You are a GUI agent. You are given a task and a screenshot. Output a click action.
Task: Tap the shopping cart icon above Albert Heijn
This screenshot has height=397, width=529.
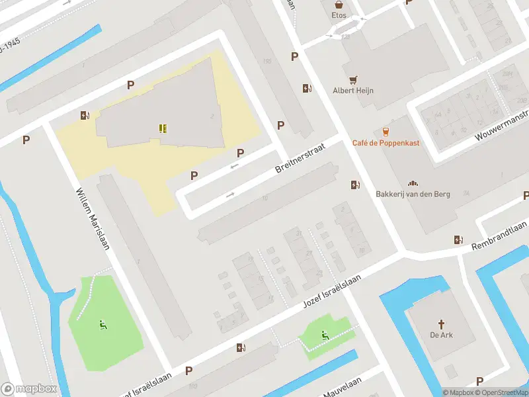click(x=353, y=78)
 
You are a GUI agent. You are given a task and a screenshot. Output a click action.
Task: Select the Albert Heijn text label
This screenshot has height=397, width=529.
click(x=353, y=90)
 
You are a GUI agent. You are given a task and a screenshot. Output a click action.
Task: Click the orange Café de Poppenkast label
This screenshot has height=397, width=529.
click(x=386, y=143)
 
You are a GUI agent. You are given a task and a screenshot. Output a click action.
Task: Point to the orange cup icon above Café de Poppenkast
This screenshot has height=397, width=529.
click(x=386, y=132)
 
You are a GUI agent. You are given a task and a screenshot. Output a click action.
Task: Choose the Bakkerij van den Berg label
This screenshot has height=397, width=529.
click(x=413, y=194)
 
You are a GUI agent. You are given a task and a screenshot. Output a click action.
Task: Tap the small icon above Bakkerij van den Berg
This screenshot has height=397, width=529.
click(x=413, y=183)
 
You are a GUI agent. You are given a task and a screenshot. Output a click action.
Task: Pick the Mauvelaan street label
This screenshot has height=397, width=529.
click(x=342, y=388)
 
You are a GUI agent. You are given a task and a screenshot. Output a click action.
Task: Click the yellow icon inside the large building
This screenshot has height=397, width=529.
click(x=163, y=128)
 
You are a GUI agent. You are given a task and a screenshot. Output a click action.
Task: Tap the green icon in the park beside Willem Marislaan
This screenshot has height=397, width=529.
click(x=102, y=324)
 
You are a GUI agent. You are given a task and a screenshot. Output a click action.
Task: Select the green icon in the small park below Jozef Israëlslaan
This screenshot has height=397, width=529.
click(x=324, y=335)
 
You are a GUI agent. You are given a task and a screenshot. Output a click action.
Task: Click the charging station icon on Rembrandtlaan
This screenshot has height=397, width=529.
click(x=458, y=240)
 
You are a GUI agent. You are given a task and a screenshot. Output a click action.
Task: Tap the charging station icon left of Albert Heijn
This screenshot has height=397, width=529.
click(x=307, y=88)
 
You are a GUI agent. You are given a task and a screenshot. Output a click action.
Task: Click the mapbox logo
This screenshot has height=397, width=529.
click(x=28, y=389)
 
